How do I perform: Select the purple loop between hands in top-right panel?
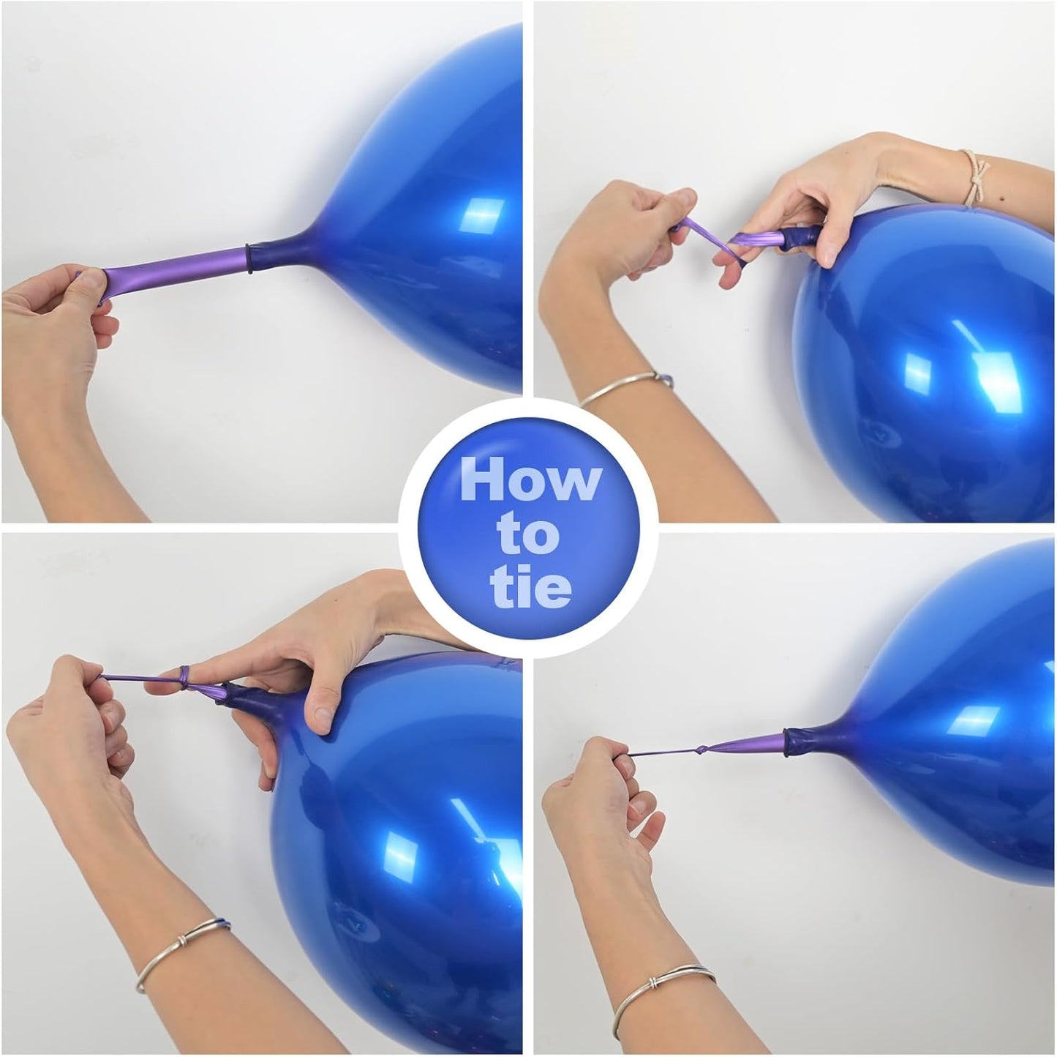click(x=706, y=238)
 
